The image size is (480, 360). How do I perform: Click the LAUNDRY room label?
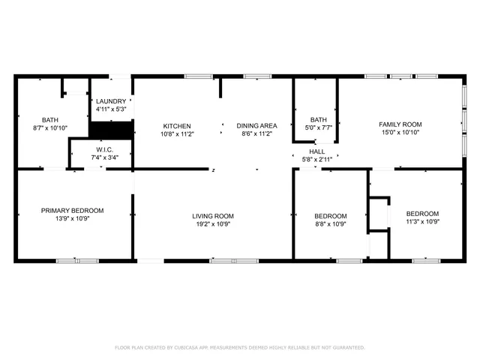point(111,101)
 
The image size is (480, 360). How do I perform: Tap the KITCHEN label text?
point(176,126)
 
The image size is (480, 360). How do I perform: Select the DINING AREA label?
point(257,126)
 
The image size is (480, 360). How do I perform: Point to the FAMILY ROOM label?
point(400,124)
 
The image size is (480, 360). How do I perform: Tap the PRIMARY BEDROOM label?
point(72,211)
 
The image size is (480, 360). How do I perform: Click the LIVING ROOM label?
point(213,216)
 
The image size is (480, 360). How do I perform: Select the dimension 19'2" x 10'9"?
point(213,223)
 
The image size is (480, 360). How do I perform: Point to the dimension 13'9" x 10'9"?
point(72,219)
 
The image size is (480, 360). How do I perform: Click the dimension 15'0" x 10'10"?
point(400,133)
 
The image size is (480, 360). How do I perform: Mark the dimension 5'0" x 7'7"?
point(319,127)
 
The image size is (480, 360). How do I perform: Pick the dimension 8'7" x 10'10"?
point(50,128)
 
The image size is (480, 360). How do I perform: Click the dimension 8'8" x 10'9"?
point(330,223)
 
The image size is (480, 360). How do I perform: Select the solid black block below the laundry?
point(111,127)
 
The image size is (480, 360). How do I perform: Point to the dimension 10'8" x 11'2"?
point(176,134)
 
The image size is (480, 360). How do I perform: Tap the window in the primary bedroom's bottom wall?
point(77,261)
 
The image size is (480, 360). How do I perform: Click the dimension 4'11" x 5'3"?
point(111,109)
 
